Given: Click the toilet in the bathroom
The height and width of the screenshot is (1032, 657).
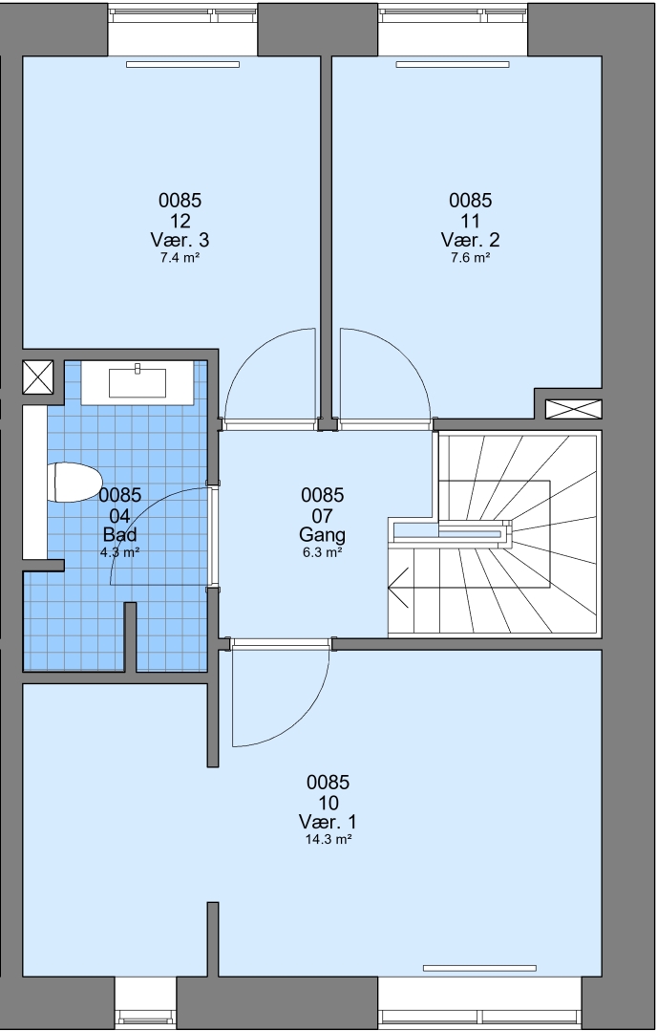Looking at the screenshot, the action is click(x=73, y=482).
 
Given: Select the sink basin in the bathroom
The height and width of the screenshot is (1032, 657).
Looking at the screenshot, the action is click(x=138, y=382).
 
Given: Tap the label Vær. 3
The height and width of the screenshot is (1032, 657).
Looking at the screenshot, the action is click(x=180, y=239).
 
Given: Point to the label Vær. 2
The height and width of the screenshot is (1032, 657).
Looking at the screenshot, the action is click(x=470, y=239).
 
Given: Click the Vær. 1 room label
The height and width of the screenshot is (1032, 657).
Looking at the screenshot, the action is click(x=328, y=822).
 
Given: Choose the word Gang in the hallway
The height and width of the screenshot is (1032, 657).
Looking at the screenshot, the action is click(x=322, y=534).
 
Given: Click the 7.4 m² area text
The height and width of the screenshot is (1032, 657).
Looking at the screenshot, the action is click(x=180, y=257).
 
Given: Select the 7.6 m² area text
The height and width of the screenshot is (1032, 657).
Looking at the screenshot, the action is click(x=470, y=257).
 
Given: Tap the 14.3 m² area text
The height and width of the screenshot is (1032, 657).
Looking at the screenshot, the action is click(x=328, y=839).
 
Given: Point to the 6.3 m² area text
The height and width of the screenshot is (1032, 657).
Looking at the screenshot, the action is click(x=322, y=552).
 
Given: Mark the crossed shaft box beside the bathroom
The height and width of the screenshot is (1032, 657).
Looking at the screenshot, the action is click(x=37, y=377).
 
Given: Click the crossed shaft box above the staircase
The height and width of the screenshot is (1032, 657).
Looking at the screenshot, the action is click(x=574, y=409).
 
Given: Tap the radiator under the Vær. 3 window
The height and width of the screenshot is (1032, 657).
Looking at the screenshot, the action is click(x=182, y=65).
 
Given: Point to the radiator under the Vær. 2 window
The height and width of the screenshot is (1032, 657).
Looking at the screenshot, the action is click(x=453, y=65).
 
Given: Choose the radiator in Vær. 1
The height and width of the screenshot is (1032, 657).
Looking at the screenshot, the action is click(x=479, y=968).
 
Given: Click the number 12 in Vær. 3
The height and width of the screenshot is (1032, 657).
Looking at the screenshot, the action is click(x=180, y=220).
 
